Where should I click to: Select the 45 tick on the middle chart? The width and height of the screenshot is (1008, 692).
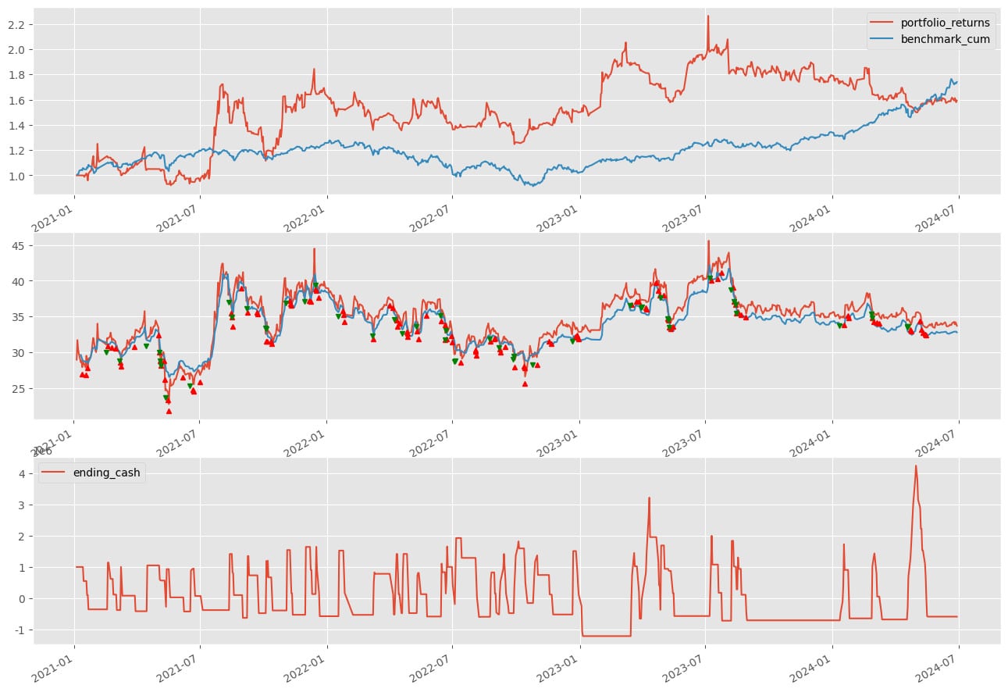coord(20,245)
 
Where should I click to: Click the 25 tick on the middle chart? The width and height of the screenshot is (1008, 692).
coord(20,389)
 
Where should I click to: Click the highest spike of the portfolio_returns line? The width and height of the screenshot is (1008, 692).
coord(708,16)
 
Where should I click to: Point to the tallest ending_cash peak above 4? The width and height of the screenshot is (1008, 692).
coord(916,466)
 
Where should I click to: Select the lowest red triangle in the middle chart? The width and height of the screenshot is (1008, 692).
coord(169,411)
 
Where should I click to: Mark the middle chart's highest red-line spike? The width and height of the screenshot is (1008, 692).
coord(708,241)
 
